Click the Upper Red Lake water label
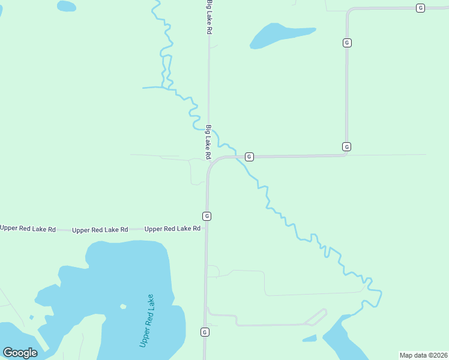click(148, 320)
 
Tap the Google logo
click(20, 353)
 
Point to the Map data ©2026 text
click(423, 355)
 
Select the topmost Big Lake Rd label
click(209, 17)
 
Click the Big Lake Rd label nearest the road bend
click(209, 142)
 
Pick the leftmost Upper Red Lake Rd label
click(28, 229)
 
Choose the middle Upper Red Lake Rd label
click(100, 230)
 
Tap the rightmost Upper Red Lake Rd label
click(172, 229)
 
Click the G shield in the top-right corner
click(420, 8)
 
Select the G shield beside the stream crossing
click(249, 157)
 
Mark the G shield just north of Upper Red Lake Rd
click(206, 215)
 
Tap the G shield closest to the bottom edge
click(205, 332)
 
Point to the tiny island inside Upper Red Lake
click(123, 307)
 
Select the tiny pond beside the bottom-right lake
click(310, 338)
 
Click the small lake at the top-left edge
click(66, 6)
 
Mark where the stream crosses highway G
click(238, 157)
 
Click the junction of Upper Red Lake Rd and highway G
click(206, 228)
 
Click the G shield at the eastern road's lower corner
click(346, 146)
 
